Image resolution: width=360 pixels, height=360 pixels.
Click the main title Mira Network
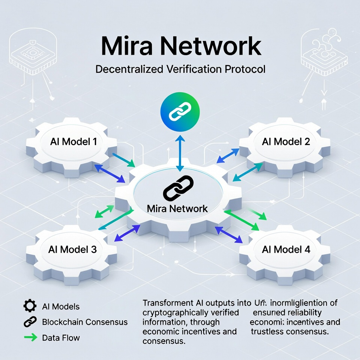click(180, 46)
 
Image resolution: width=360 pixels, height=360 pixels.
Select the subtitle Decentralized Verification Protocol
click(180, 69)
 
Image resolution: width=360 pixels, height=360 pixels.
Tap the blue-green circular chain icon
click(180, 112)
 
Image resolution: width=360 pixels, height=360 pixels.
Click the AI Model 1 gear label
click(73, 142)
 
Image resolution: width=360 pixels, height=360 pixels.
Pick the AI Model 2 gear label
click(286, 142)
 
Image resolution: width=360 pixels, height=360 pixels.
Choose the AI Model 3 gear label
click(72, 249)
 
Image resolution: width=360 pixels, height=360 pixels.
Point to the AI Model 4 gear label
click(286, 249)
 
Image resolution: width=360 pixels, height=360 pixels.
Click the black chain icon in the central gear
click(178, 188)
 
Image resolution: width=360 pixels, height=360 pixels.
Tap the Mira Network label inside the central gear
click(177, 208)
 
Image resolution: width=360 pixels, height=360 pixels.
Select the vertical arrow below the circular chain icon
click(180, 152)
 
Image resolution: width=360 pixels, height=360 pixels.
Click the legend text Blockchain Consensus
click(85, 322)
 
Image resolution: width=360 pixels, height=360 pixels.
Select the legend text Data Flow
click(61, 337)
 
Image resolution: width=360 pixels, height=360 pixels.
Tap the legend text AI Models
click(61, 306)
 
